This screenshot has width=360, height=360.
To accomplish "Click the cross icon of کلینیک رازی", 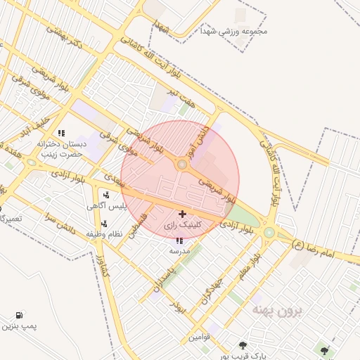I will pyautogui.click(x=183, y=214).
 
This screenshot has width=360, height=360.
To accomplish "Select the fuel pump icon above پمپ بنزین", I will pyautogui.click(x=18, y=316).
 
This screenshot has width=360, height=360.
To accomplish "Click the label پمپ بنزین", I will pyautogui.click(x=18, y=327).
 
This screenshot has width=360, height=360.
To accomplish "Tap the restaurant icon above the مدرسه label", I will pyautogui.click(x=178, y=240).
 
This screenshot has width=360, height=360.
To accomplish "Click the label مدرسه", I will pyautogui.click(x=179, y=250).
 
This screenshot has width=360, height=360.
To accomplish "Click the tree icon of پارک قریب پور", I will pyautogui.click(x=243, y=345).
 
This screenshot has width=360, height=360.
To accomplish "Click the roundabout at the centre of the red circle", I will pyautogui.click(x=182, y=165).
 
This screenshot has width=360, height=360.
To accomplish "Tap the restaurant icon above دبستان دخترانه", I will pyautogui.click(x=62, y=132).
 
